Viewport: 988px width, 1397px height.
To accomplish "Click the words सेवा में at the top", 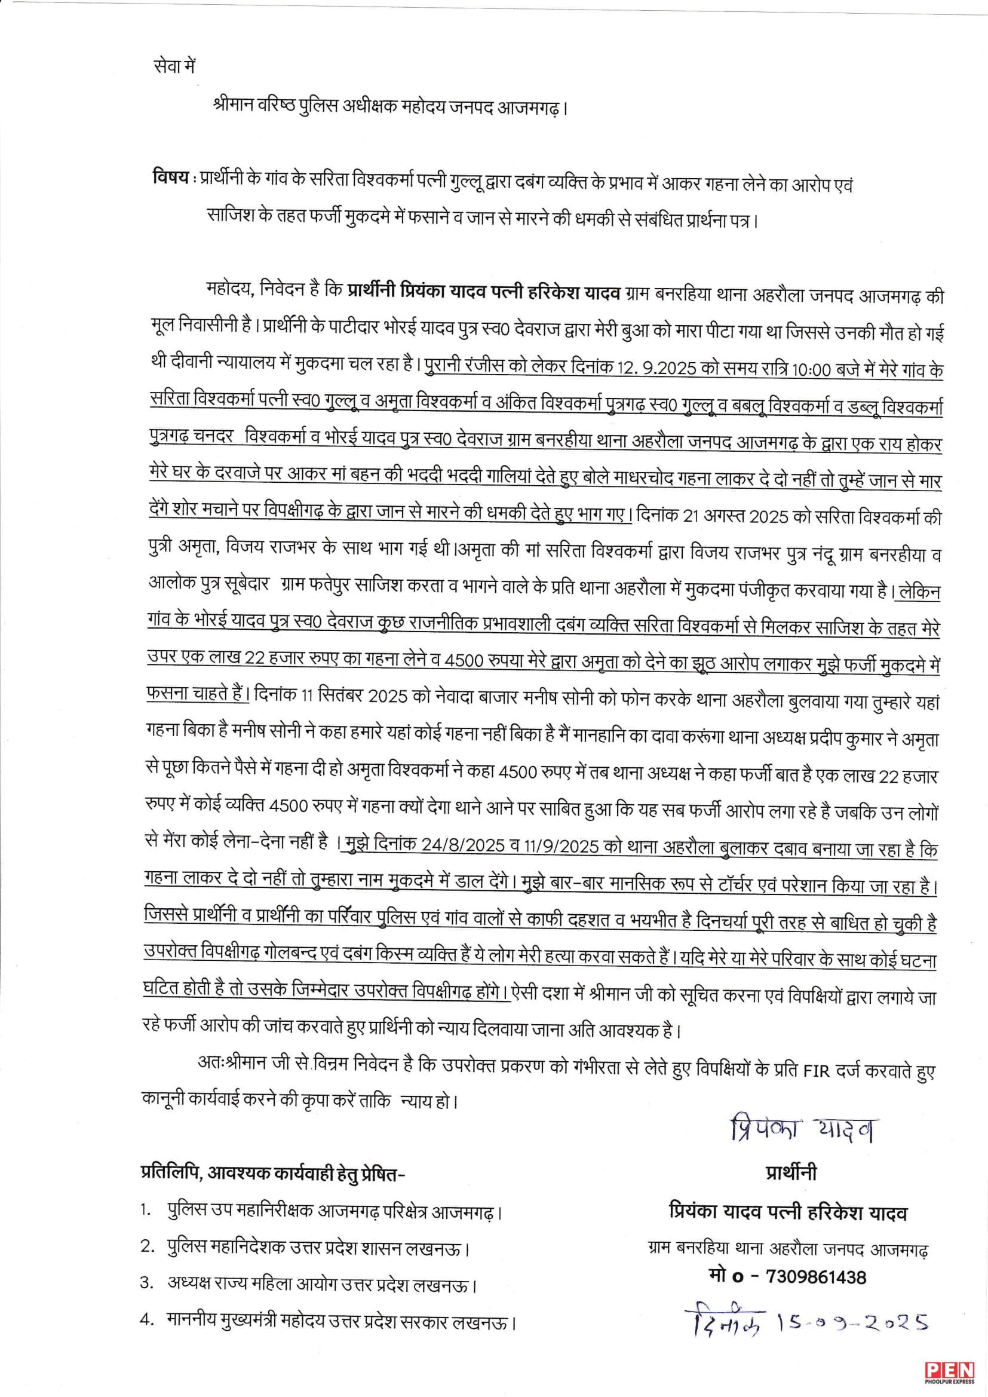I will pos(174,66).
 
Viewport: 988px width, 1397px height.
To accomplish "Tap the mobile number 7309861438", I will pos(817,1276).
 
